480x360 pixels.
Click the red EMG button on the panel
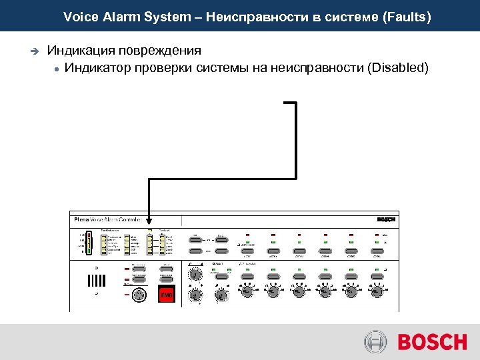click(x=167, y=295)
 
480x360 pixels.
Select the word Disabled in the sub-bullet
click(x=398, y=68)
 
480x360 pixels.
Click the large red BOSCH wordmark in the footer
click(x=432, y=343)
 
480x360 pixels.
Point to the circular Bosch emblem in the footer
click(x=375, y=343)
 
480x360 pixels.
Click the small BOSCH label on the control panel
click(x=386, y=219)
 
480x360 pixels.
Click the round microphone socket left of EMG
click(x=139, y=295)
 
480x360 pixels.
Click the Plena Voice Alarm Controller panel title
click(x=107, y=219)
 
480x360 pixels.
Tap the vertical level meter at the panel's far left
click(x=86, y=243)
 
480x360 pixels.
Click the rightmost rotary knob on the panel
click(x=377, y=291)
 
